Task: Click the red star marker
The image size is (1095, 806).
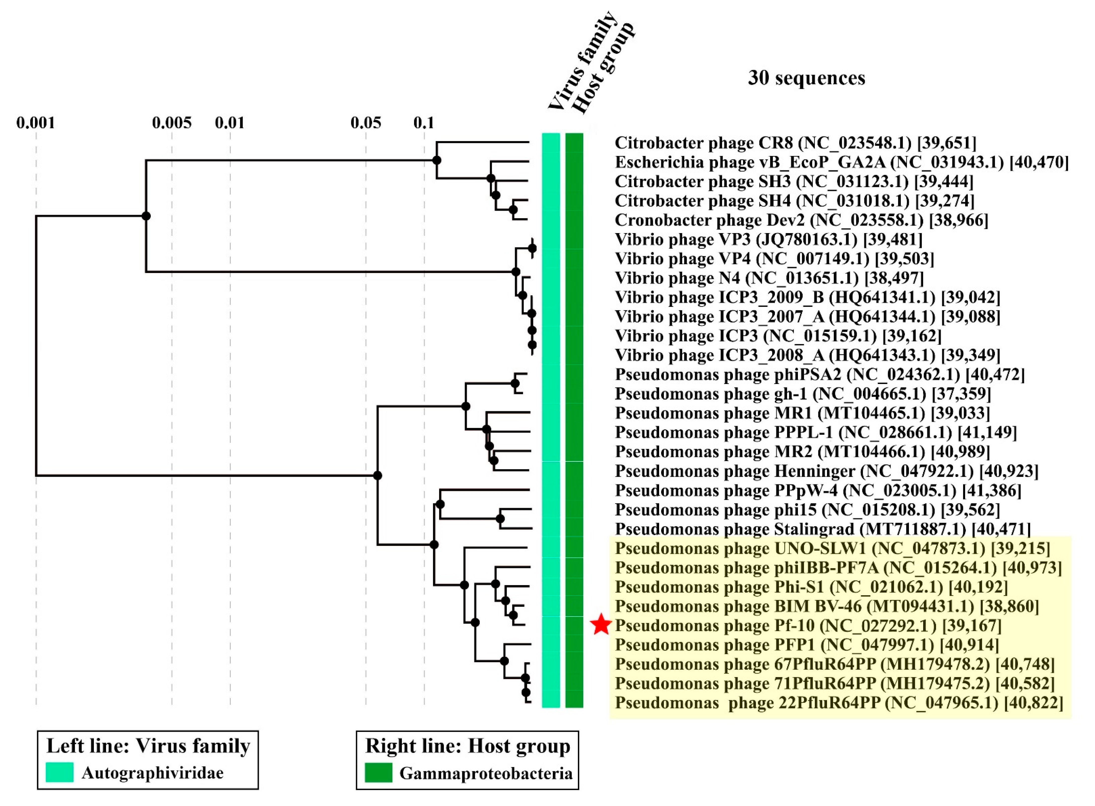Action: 601,625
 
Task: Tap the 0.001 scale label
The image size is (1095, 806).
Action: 36,122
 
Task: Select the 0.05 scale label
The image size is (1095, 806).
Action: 366,122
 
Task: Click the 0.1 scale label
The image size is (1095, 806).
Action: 424,122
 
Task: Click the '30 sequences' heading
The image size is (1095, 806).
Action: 806,78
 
